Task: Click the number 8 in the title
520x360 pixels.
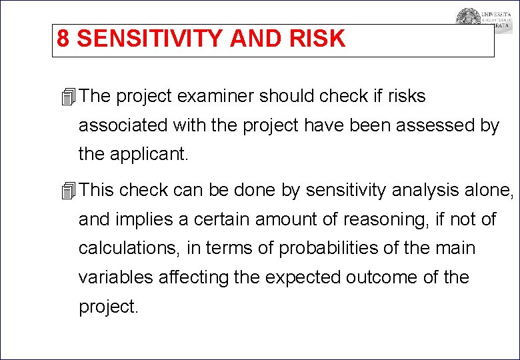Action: pos(63,39)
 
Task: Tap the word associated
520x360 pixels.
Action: pos(122,125)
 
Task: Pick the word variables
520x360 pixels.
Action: pos(116,277)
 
